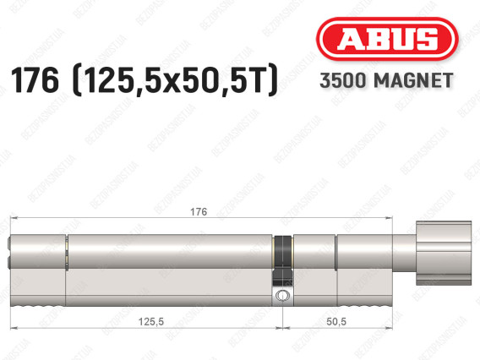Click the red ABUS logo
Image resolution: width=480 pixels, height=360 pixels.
387,39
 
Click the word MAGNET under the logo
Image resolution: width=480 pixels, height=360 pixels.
413,80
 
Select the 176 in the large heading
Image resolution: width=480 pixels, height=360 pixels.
35,80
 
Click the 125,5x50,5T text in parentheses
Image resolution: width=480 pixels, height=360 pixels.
174,81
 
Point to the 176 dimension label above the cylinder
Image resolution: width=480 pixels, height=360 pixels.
199,212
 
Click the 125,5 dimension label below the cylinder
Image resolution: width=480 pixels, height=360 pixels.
151,322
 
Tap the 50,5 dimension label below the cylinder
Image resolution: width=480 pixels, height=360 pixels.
336,322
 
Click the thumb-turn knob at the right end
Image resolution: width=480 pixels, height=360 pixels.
444,254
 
